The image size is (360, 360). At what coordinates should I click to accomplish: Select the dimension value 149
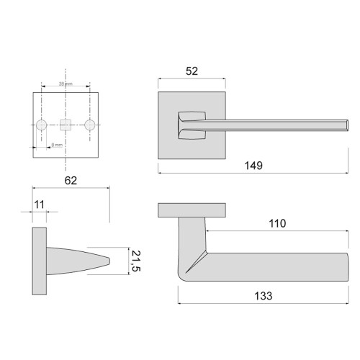pos(253,166)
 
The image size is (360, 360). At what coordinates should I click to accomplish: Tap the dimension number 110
pos(276,223)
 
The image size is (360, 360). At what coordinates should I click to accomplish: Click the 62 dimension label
pos(71,180)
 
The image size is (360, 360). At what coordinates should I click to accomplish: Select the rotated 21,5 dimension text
pos(135,260)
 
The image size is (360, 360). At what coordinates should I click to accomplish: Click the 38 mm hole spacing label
pos(66,84)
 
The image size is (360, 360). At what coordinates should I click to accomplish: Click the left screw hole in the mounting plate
pos(42,125)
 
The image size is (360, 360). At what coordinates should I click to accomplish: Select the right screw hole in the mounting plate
pos(90,125)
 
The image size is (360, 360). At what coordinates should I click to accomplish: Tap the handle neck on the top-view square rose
pos(192,123)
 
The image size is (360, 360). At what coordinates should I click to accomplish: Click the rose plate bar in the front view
pos(192,210)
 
